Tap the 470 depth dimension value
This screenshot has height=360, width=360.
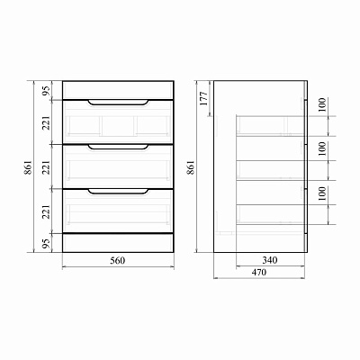(261, 271)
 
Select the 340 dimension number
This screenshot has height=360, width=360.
(271, 261)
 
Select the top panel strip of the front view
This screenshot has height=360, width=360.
(117, 87)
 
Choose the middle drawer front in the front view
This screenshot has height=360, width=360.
(117, 166)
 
